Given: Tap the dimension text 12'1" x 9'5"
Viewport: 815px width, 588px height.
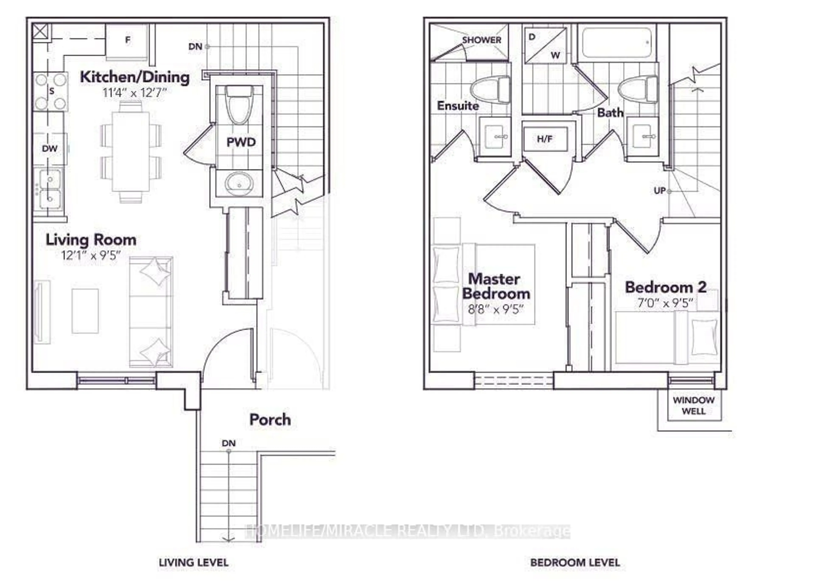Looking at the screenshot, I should [x=91, y=255].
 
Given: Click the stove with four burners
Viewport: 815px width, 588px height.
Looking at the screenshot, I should [x=51, y=91].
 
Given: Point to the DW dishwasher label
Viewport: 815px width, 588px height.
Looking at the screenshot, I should [x=50, y=148].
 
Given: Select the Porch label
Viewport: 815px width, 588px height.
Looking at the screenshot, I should [x=270, y=420].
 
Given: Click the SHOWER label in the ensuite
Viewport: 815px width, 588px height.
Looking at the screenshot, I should [x=482, y=40].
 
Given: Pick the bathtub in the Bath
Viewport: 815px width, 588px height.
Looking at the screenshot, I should [x=617, y=43].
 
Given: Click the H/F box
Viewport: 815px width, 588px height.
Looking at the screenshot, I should [x=545, y=139].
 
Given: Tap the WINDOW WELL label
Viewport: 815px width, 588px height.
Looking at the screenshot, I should [x=694, y=406].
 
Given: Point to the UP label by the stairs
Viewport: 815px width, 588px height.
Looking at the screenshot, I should [x=660, y=191].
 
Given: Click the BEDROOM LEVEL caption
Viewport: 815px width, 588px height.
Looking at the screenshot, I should [x=575, y=563].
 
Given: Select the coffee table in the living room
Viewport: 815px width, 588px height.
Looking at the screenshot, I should [x=85, y=311].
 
